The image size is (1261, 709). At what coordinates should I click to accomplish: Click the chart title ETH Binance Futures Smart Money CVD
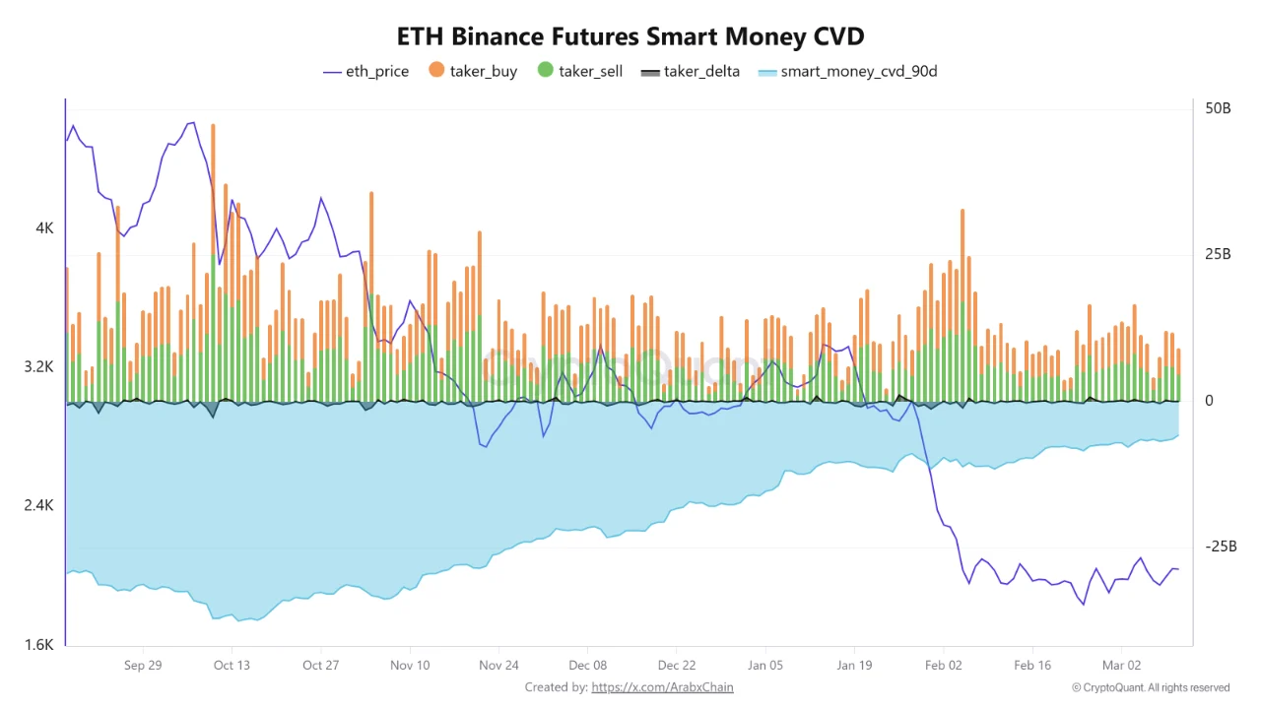(x=630, y=37)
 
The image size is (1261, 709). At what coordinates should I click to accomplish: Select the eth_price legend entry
(x=365, y=71)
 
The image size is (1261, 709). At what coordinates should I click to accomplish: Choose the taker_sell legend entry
(x=580, y=71)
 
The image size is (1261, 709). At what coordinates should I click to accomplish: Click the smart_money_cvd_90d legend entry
(x=847, y=71)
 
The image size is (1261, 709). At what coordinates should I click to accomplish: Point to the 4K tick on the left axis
(x=44, y=228)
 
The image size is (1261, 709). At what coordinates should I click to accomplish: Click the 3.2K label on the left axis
(x=39, y=367)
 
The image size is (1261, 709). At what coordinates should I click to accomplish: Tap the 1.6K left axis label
(x=39, y=646)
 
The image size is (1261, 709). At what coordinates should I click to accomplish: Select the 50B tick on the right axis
(x=1219, y=108)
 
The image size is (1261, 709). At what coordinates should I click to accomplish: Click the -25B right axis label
(x=1219, y=547)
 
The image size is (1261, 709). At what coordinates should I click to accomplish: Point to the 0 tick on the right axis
(x=1208, y=401)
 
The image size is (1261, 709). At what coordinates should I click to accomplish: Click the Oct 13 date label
(x=232, y=665)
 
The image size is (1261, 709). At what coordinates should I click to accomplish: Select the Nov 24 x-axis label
(x=498, y=665)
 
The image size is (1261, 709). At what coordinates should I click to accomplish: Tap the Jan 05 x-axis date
(x=765, y=665)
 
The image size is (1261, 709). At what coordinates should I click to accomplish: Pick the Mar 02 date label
(x=1121, y=665)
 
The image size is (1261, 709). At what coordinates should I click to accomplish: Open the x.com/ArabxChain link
(x=662, y=687)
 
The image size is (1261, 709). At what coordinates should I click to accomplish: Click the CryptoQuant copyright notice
(x=1151, y=687)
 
